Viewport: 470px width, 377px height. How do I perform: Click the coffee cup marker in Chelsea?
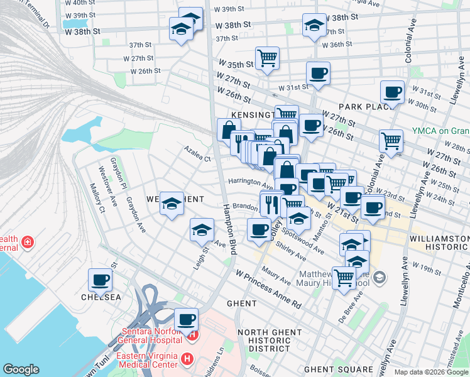[x=100, y=280]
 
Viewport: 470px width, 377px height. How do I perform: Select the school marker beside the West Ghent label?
[x=172, y=204]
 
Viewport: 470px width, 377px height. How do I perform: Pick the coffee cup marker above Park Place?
[x=393, y=93]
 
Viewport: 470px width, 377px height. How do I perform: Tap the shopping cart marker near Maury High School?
[x=344, y=277]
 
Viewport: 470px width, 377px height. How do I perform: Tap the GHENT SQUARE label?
[x=338, y=369]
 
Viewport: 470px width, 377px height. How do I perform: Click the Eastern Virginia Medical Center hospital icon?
[x=187, y=359]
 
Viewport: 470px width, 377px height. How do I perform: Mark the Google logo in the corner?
[x=21, y=369]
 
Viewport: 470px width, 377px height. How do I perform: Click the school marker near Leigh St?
[x=202, y=230]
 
